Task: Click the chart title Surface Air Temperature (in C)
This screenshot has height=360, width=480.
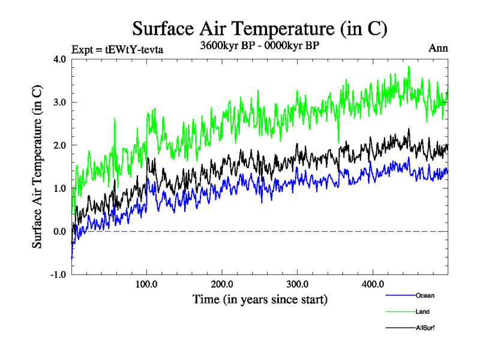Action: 259,28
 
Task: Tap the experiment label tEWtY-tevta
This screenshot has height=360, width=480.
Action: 118,49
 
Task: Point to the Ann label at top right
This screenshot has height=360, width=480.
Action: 438,48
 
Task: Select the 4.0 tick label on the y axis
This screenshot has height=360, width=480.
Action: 60,59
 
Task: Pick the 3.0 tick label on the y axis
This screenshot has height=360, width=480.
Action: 60,103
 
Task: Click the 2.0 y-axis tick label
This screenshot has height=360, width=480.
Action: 60,145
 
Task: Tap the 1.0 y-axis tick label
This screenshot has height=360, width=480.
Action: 60,188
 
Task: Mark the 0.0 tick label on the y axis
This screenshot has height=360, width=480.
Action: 60,232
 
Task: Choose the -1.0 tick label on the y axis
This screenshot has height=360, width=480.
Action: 58,275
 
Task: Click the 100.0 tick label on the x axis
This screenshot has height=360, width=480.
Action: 147,284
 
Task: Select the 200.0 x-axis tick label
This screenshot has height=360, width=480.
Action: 223,284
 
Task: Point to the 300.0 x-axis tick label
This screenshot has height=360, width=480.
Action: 298,284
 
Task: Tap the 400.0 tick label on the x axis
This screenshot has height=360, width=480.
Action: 373,284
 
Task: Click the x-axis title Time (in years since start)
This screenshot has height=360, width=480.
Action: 260,298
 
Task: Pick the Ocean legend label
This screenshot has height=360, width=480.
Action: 425,295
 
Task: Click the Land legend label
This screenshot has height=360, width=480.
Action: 422,311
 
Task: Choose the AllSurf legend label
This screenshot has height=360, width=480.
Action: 425,328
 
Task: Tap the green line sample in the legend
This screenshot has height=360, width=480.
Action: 399,311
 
